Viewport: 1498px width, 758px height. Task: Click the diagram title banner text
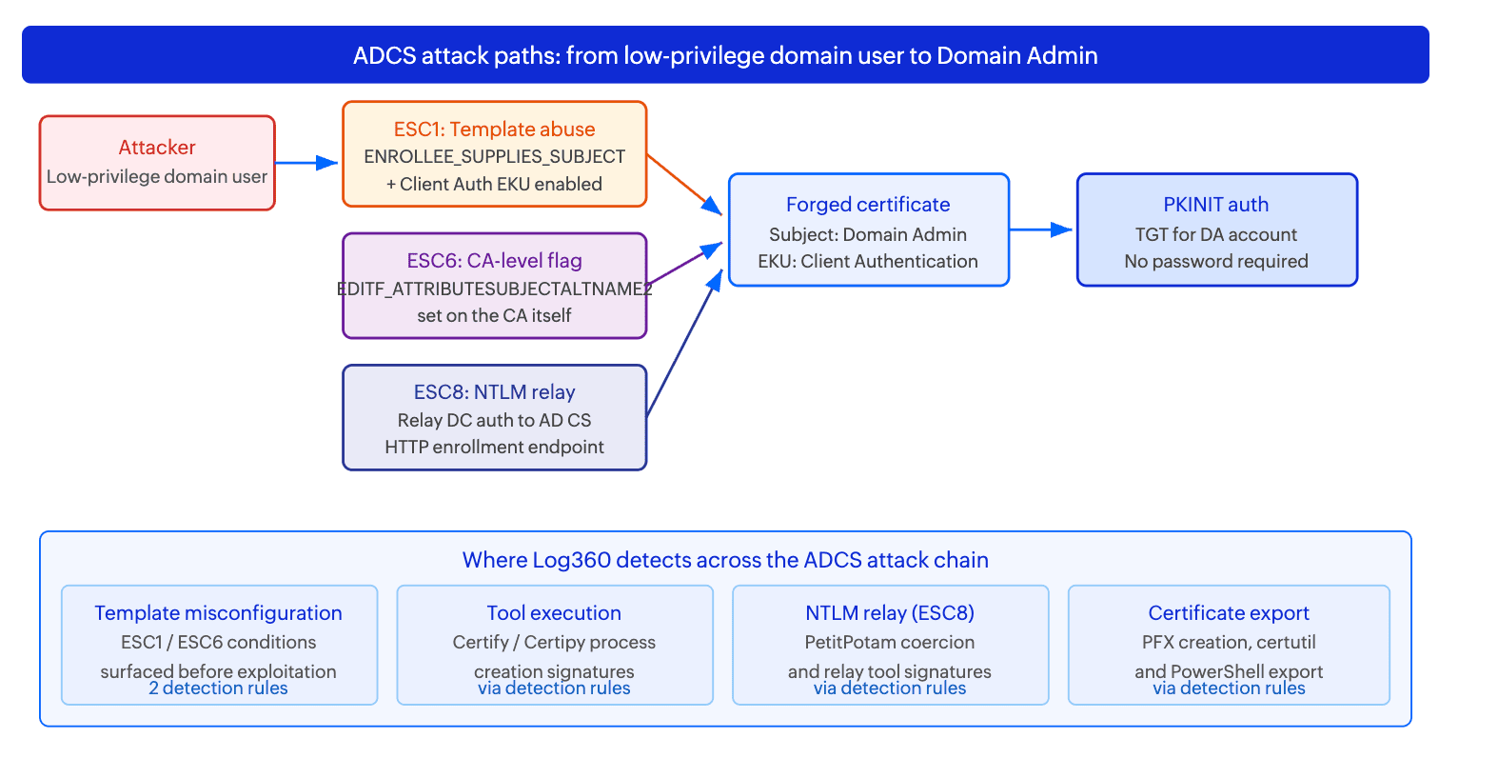pyautogui.click(x=725, y=55)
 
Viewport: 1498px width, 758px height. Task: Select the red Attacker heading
pyautogui.click(x=157, y=147)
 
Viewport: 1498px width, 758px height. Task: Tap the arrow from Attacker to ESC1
pyautogui.click(x=306, y=163)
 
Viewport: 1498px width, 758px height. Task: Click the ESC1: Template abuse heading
pyautogui.click(x=494, y=129)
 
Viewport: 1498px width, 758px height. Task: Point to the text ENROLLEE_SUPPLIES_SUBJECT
pyautogui.click(x=494, y=156)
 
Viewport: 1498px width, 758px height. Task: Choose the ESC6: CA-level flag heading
pyautogui.click(x=494, y=260)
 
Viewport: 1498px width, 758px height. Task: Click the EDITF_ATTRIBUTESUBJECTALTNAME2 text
pyautogui.click(x=494, y=289)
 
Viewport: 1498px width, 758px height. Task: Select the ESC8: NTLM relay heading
pyautogui.click(x=494, y=391)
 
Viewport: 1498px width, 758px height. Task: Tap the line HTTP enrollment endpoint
pyautogui.click(x=494, y=447)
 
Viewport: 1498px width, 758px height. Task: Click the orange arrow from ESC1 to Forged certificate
pyautogui.click(x=684, y=185)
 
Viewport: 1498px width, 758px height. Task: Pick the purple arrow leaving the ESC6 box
pyautogui.click(x=685, y=263)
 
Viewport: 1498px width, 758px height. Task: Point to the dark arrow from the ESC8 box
pyautogui.click(x=685, y=343)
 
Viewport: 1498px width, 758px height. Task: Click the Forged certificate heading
pyautogui.click(x=868, y=204)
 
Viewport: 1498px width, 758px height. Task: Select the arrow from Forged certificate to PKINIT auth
pyautogui.click(x=1040, y=229)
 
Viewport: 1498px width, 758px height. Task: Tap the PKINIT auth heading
pyautogui.click(x=1215, y=204)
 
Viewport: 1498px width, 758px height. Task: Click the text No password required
pyautogui.click(x=1215, y=261)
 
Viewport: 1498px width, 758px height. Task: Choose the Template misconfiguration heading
pyautogui.click(x=218, y=613)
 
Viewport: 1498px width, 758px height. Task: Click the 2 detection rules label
pyautogui.click(x=218, y=688)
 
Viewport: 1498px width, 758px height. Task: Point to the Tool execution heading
pyautogui.click(x=554, y=613)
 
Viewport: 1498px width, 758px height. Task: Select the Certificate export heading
pyautogui.click(x=1229, y=613)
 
